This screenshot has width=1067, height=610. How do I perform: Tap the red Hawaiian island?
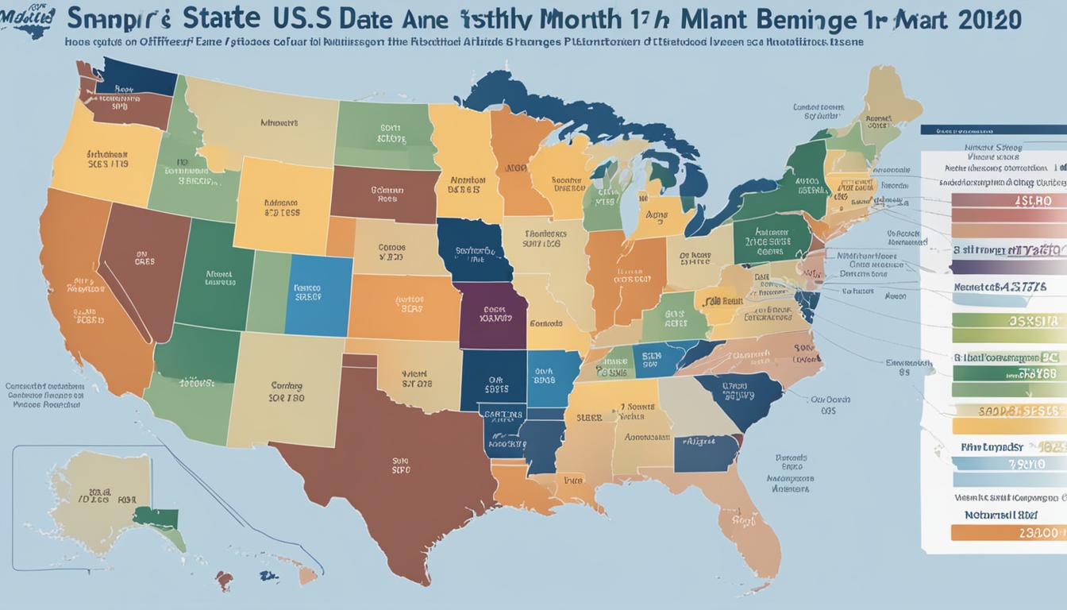pyautogui.click(x=225, y=580)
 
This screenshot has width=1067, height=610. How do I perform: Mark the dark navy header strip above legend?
pyautogui.click(x=992, y=129)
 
